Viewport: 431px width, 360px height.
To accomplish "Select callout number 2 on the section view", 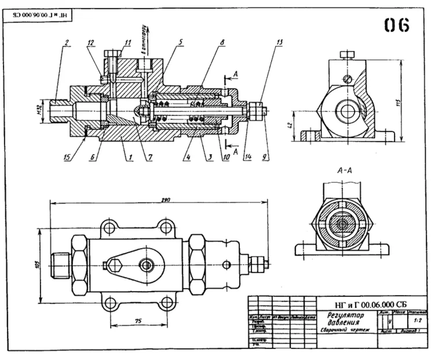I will (x=67, y=42).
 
